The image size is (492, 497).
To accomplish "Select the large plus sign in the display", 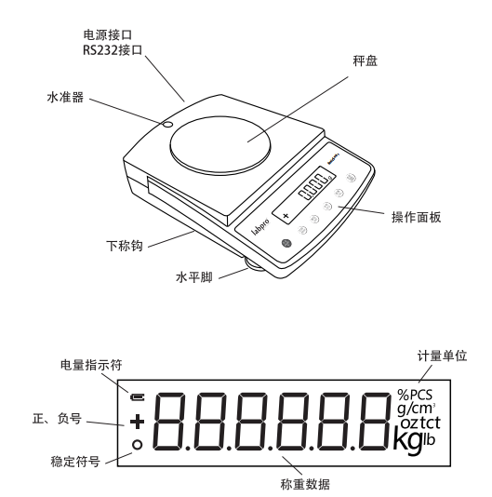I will click(138, 423).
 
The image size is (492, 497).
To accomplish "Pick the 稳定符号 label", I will click(67, 460).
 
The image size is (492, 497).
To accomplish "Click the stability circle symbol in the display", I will click(138, 444).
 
